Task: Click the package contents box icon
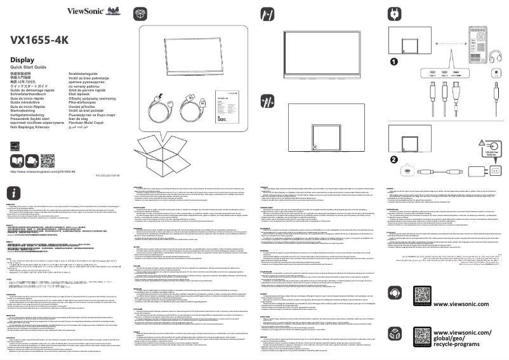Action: pyautogui.click(x=141, y=13)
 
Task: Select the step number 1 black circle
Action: pyautogui.click(x=393, y=62)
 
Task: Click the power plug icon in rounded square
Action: pyautogui.click(x=394, y=13)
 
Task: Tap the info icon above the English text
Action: pyautogui.click(x=15, y=193)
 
